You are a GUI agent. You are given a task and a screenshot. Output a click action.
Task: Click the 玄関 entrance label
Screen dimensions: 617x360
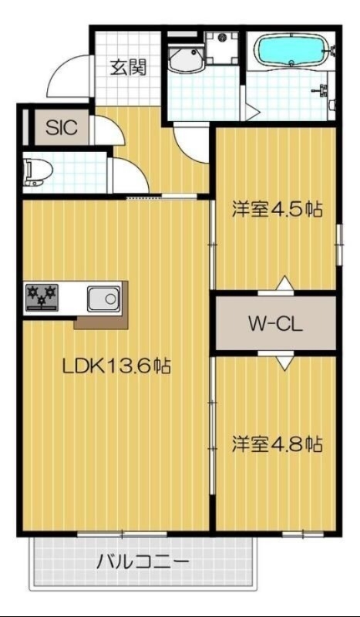coord(127,66)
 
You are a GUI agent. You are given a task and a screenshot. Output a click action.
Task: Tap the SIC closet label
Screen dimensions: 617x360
coord(61,127)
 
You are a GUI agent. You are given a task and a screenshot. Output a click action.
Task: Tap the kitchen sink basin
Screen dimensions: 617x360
coord(102,297)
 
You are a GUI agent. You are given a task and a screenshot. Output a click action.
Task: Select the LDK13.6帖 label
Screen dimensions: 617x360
coord(116,366)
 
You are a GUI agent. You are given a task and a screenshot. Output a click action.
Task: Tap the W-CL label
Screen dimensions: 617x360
coord(275,323)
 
